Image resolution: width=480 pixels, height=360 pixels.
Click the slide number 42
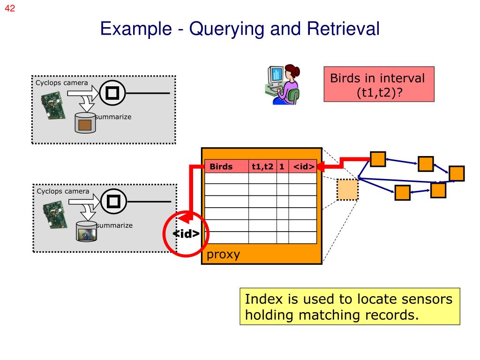pyautogui.click(x=10, y=8)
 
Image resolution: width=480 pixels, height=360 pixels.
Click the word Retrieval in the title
pyautogui.click(x=343, y=29)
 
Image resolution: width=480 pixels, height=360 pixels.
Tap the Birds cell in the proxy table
pyautogui.click(x=226, y=166)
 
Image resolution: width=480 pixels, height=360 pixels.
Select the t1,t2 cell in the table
pyautogui.click(x=262, y=166)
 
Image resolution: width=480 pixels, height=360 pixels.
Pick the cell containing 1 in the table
pyautogui.click(x=282, y=166)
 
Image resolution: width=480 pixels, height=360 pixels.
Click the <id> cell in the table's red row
pyautogui.click(x=303, y=166)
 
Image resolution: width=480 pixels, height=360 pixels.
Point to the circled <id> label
pyautogui.click(x=186, y=233)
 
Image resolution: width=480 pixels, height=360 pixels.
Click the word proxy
pyautogui.click(x=223, y=254)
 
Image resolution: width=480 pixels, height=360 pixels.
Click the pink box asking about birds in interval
pyautogui.click(x=379, y=84)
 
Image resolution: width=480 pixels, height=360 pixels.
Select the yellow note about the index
pyautogui.click(x=350, y=306)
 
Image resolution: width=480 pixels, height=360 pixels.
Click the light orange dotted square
pyautogui.click(x=347, y=189)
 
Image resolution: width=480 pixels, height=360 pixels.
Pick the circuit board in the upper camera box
pyautogui.click(x=53, y=106)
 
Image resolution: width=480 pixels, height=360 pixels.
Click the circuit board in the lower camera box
pyautogui.click(x=55, y=214)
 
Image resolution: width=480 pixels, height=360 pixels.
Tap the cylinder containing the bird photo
pyautogui.click(x=86, y=231)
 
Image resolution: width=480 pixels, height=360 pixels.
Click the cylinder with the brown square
pyautogui.click(x=85, y=123)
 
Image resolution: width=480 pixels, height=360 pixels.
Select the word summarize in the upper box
pyautogui.click(x=113, y=117)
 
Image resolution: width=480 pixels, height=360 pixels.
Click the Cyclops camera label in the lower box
pyautogui.click(x=63, y=191)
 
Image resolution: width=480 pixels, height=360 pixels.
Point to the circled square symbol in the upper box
pyautogui.click(x=112, y=93)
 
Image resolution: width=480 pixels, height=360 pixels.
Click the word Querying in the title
pyautogui.click(x=226, y=29)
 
